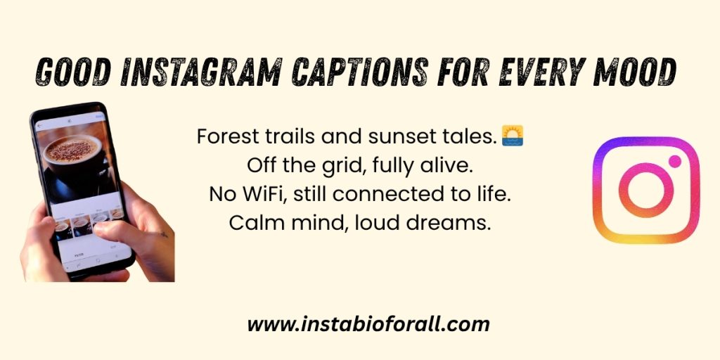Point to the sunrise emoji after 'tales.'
click(513, 136)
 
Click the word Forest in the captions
click(222, 137)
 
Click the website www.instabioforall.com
click(368, 325)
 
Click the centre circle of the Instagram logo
click(646, 190)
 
